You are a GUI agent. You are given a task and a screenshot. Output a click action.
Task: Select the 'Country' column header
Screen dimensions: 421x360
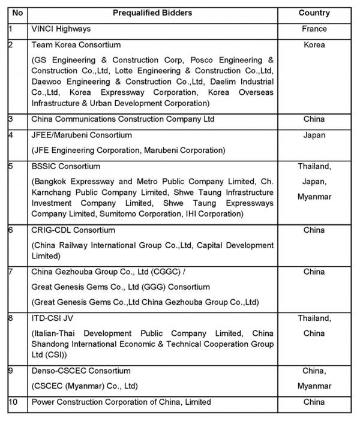[314, 13]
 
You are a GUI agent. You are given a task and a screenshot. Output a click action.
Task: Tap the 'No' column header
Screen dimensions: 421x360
[17, 13]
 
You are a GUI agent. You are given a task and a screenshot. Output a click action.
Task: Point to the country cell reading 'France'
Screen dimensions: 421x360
[314, 29]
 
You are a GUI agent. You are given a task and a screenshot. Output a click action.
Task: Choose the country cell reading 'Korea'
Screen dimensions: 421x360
[314, 45]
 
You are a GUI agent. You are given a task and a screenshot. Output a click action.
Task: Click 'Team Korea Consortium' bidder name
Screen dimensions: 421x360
[75, 45]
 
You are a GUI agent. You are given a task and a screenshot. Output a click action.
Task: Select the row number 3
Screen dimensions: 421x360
[11, 119]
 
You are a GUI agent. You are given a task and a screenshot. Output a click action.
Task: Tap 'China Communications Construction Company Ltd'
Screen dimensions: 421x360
[122, 119]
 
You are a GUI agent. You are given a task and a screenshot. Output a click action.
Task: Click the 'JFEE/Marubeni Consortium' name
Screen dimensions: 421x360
[81, 135]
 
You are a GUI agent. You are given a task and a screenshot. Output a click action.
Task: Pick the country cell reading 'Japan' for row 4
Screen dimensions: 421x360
[314, 135]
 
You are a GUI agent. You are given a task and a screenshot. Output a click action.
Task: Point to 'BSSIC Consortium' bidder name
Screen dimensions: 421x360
[65, 166]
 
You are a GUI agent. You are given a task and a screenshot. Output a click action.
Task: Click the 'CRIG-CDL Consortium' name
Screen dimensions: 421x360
[73, 230]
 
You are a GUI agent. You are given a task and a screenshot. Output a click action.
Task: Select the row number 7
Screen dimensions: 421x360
[11, 272]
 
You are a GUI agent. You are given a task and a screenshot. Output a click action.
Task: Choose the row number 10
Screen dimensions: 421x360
[13, 402]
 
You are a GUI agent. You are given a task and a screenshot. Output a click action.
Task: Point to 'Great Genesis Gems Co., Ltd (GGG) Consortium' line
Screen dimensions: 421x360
[120, 287]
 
